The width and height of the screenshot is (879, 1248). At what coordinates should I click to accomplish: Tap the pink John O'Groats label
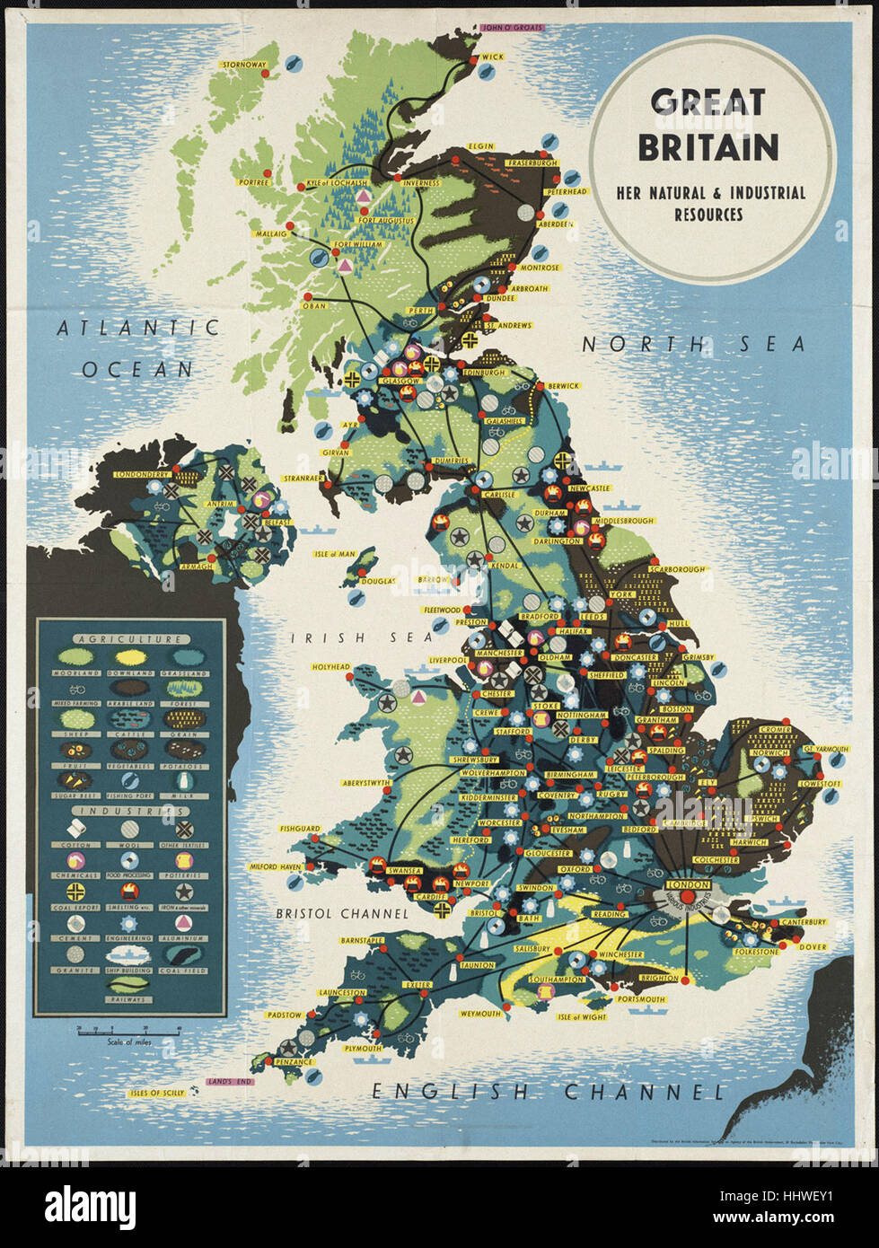click(513, 28)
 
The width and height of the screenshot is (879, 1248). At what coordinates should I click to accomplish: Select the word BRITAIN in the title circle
click(708, 146)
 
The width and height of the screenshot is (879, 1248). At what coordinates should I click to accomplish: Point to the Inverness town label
click(421, 183)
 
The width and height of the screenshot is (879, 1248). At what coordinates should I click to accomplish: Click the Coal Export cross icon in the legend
click(75, 892)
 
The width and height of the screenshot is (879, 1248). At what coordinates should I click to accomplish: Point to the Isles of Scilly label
click(156, 1093)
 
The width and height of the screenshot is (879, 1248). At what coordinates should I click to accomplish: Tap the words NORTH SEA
click(693, 344)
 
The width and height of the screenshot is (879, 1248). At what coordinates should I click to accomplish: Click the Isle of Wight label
click(582, 1017)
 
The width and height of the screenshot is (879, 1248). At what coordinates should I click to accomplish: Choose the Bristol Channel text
click(341, 913)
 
